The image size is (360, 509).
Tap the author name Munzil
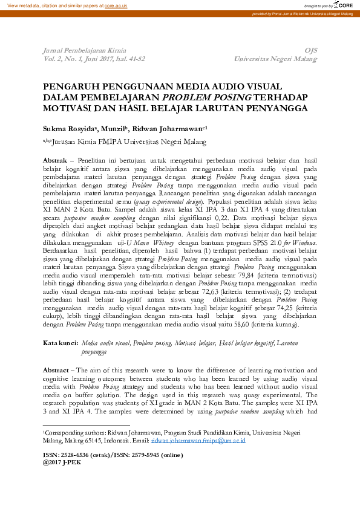pos(114,129)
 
